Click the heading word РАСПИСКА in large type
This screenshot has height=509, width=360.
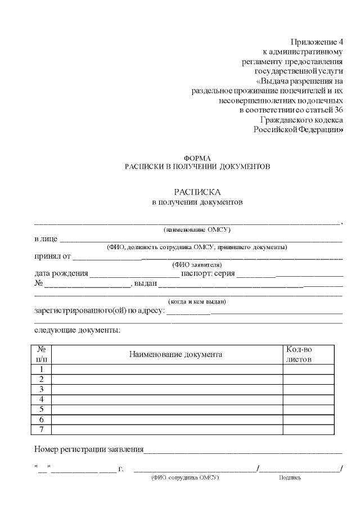coord(197,191)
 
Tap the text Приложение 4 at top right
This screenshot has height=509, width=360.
coord(316,42)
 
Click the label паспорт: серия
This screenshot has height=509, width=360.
coord(208,274)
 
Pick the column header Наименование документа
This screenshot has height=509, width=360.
coord(175,354)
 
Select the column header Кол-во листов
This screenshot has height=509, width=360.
coord(299,354)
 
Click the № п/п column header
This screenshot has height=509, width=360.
coord(42,354)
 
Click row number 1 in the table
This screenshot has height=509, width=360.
coord(42,369)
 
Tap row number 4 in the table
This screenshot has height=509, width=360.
coord(42,399)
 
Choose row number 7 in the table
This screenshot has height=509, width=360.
coord(42,430)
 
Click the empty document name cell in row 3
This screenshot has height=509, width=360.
coord(167,389)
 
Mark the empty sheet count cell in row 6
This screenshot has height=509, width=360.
coord(309,420)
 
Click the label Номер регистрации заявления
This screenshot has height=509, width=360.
coord(89,449)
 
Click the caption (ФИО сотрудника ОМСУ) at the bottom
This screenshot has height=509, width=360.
coord(185,478)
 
